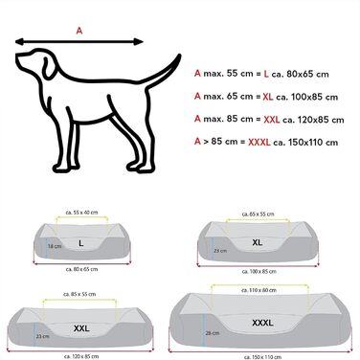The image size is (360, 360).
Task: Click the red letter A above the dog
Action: [x=79, y=30]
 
